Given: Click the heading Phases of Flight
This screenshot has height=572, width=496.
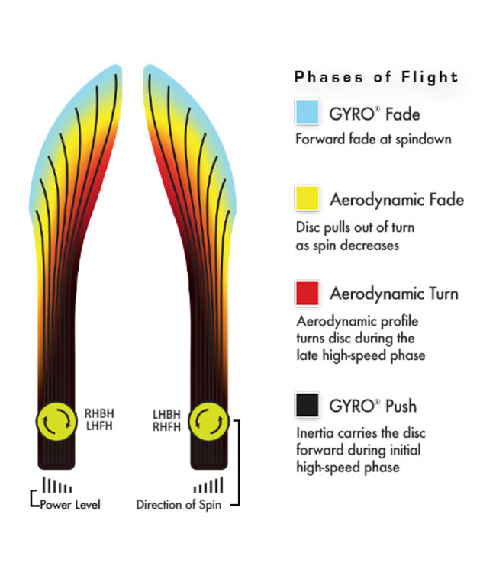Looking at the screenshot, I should pos(376,77).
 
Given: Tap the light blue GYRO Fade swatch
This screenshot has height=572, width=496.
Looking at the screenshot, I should pos(307,113).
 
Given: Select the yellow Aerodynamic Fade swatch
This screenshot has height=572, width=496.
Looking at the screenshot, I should pos(307,199).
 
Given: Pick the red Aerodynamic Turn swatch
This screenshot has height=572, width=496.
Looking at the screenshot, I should pos(307,293).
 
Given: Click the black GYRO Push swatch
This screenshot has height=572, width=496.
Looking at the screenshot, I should pos(307,405).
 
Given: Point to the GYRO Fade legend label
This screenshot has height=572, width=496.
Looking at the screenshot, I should pos(375,114).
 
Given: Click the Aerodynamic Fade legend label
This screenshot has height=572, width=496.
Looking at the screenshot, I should pos(396,200).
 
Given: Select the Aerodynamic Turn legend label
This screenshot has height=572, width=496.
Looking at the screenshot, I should pos(394,294).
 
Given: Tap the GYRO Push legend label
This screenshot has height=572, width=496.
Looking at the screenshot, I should pos(374,406).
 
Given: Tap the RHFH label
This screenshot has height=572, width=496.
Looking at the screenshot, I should pos(167,427).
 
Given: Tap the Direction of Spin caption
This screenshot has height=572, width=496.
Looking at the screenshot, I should pos(179,504).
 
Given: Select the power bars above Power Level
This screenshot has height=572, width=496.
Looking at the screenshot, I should pos(57,486).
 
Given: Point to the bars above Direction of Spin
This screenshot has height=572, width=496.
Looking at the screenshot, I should pos(208,485).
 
